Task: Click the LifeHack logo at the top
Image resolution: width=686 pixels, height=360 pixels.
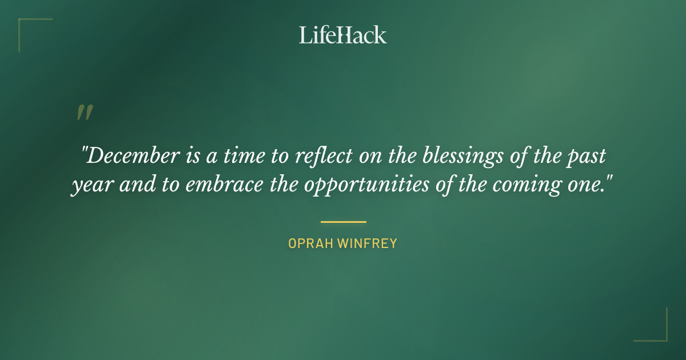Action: (x=343, y=35)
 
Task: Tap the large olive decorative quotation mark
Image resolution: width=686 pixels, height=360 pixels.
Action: (x=85, y=113)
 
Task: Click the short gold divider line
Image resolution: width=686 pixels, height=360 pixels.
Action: (x=343, y=222)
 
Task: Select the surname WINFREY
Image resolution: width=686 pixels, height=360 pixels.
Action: (x=367, y=243)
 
